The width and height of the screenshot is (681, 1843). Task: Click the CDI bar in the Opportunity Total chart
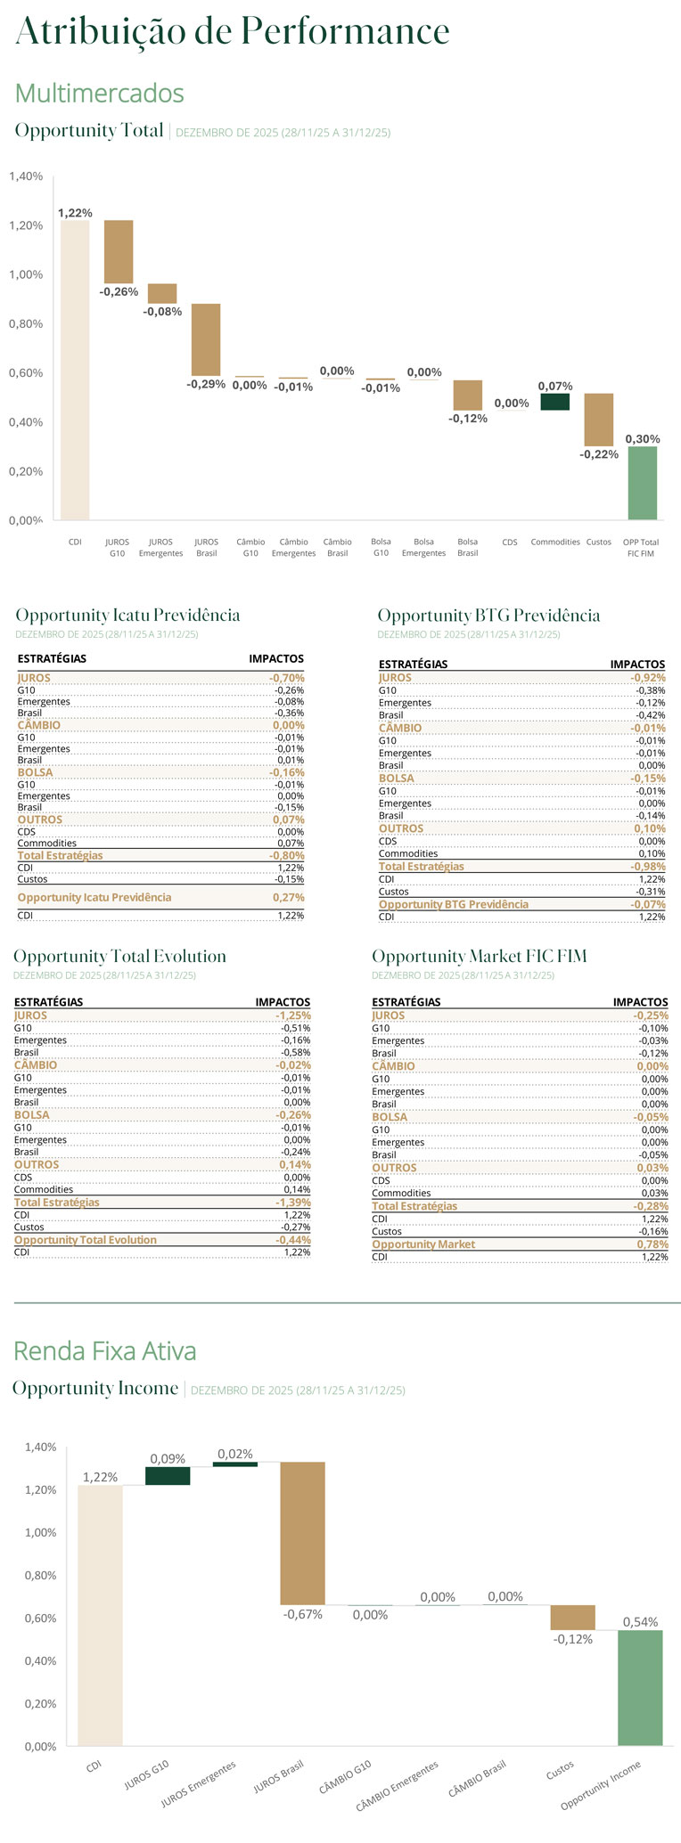[75, 370]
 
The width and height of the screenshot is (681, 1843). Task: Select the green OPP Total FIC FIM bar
[642, 483]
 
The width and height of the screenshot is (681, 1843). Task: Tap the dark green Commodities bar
[554, 402]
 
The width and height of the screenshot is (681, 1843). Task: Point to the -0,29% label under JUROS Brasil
[206, 385]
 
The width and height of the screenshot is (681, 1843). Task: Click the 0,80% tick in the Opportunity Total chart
[26, 324]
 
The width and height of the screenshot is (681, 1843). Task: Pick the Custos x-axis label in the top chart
[599, 542]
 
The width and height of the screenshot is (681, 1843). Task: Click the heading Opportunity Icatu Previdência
[127, 616]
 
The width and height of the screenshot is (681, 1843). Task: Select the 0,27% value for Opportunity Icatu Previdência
[289, 898]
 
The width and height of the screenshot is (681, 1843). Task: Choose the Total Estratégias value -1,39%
[293, 1203]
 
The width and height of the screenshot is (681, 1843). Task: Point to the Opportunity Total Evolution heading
[119, 957]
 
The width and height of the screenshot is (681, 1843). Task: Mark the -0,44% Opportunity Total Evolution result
[293, 1240]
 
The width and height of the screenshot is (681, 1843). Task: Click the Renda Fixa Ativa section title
[105, 1351]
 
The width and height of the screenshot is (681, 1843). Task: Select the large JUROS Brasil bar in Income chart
[302, 1533]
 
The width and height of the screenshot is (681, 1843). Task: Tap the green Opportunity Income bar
[640, 1687]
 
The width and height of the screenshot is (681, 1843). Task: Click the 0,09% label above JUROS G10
[168, 1459]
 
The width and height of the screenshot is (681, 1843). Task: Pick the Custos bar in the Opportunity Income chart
[572, 1618]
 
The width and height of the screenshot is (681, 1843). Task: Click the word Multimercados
[100, 94]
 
